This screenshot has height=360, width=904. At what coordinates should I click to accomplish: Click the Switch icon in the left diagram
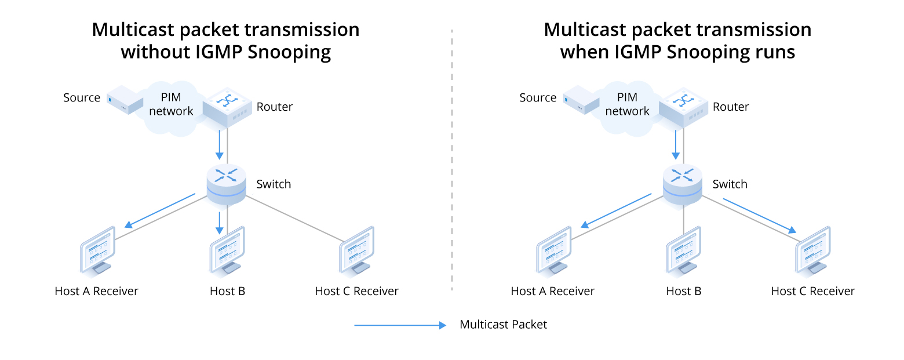click(226, 184)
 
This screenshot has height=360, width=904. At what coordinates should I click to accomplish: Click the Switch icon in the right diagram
click(683, 184)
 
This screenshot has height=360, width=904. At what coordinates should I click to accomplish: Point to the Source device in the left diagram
click(125, 100)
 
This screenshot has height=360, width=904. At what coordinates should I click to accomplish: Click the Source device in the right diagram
click(581, 100)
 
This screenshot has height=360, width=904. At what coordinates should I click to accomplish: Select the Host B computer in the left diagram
click(227, 250)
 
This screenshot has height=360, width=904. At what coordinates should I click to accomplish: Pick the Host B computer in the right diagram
click(683, 250)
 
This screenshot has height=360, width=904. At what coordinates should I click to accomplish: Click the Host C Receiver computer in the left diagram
click(356, 250)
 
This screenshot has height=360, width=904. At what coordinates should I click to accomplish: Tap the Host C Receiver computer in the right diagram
click(813, 250)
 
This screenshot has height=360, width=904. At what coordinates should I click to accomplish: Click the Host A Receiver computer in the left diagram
click(97, 250)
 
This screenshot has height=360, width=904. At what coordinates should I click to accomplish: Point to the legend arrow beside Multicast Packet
click(400, 325)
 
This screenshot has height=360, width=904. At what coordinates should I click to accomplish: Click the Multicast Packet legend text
click(503, 325)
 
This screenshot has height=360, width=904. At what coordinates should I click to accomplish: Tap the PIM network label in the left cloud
click(171, 104)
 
